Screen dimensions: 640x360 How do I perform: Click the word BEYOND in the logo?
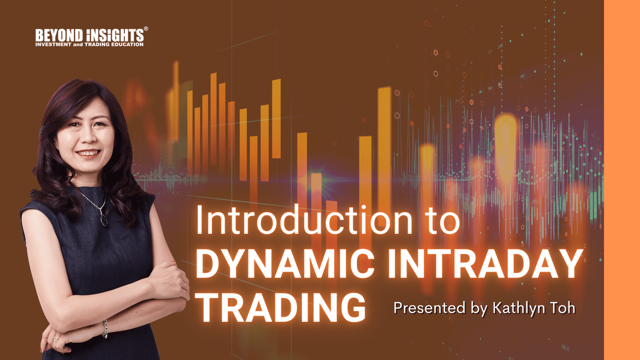pos(59,35)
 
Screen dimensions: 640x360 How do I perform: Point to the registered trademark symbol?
pos(146,29)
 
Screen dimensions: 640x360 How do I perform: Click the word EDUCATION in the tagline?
pos(127,44)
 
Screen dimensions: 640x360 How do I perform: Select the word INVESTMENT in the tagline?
pos(53,44)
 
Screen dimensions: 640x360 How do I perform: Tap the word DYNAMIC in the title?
pos(285,264)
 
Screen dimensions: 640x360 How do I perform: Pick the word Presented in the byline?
pos(429,308)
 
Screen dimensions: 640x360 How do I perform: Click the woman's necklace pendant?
pos(104,220)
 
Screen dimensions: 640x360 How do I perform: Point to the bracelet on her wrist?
pos(105,329)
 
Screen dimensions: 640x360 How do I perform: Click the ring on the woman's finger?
pos(56,339)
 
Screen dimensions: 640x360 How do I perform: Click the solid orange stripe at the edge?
pos(622,180)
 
